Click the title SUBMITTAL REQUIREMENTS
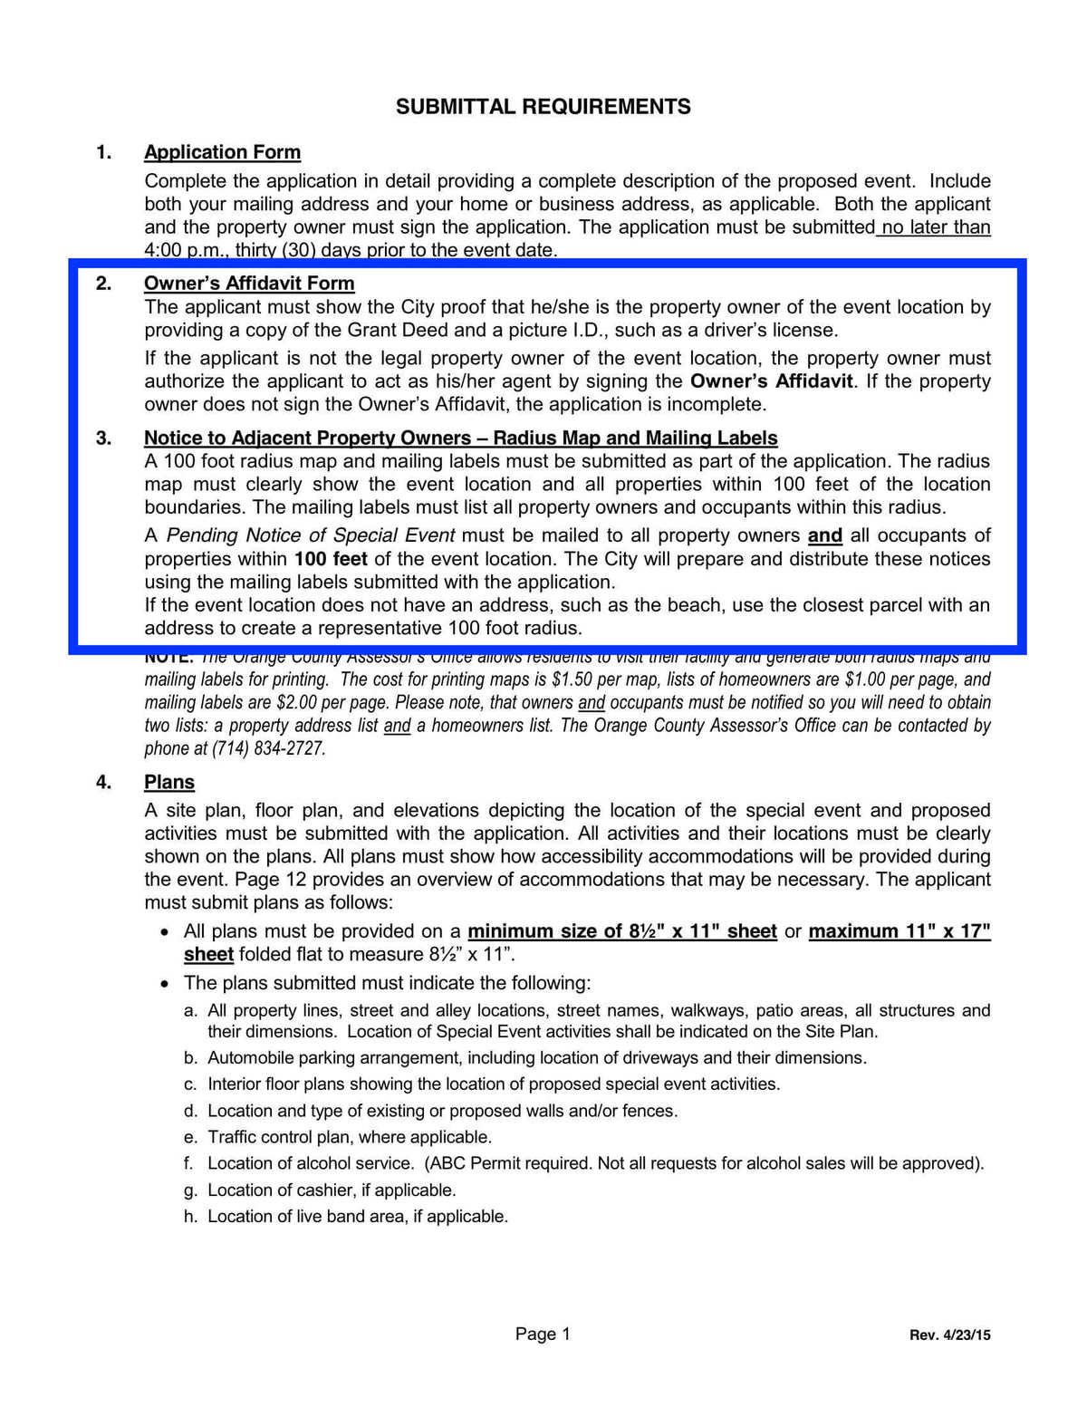tap(543, 107)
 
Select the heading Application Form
tap(222, 152)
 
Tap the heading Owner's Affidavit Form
tap(249, 284)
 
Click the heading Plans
tap(169, 782)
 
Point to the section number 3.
tap(103, 438)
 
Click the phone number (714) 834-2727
tap(268, 748)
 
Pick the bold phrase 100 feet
tap(331, 559)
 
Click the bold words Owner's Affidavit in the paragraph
tap(771, 381)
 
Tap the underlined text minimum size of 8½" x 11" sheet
tap(622, 931)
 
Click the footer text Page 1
tap(543, 1334)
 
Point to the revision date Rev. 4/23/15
tap(949, 1335)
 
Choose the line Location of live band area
tap(358, 1216)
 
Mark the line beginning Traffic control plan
tap(350, 1137)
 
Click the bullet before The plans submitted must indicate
tap(164, 984)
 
